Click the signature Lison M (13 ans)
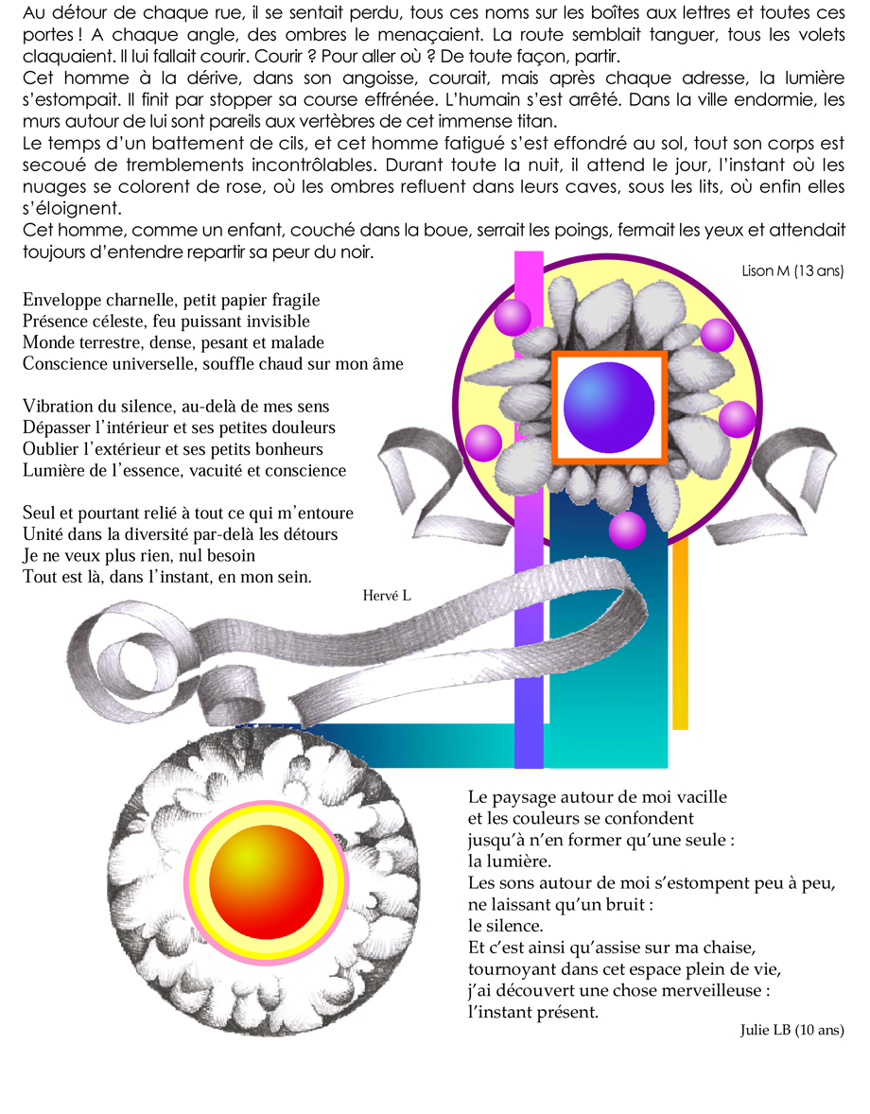tap(792, 270)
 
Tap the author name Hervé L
tap(387, 596)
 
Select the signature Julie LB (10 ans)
tap(792, 1030)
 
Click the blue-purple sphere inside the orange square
tap(609, 407)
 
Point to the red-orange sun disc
tap(267, 881)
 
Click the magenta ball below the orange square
tap(627, 530)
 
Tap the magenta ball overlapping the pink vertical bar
tap(512, 317)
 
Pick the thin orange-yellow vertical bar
tap(680, 633)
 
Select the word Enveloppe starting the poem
tap(62, 301)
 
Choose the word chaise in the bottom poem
tap(729, 948)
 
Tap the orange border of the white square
tap(553, 407)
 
